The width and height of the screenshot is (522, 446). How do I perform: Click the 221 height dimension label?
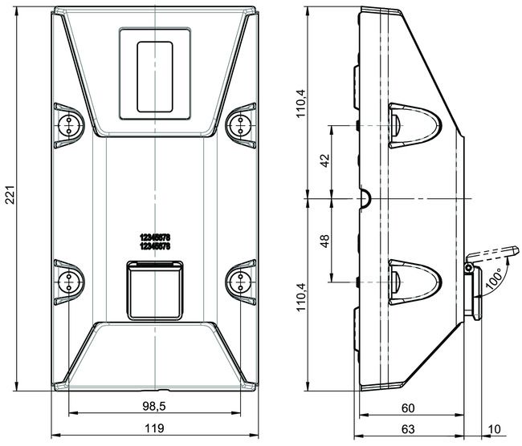[10, 200]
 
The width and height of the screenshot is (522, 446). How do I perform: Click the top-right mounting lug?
[240, 122]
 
